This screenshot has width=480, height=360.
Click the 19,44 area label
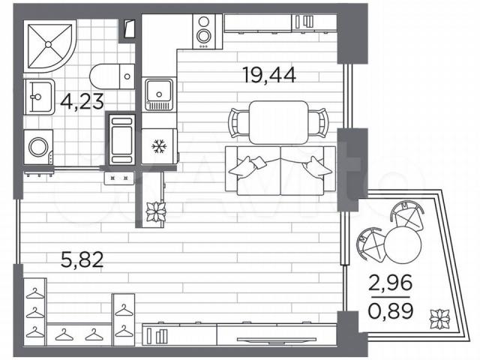click(268, 76)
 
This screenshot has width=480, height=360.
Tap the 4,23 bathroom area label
click(82, 102)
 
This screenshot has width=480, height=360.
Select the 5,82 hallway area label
click(82, 260)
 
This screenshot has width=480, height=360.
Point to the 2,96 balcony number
click(390, 283)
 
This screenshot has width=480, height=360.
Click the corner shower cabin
click(49, 45)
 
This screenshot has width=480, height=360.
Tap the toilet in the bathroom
click(112, 76)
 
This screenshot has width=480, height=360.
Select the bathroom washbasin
click(39, 97)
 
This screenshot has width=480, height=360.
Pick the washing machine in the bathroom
click(38, 148)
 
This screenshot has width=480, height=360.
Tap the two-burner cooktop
click(203, 31)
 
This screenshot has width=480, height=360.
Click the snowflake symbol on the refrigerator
click(159, 147)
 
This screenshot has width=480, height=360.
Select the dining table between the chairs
click(278, 122)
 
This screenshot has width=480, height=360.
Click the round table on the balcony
click(403, 244)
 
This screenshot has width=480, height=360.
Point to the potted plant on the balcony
click(439, 319)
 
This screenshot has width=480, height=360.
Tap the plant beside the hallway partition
click(155, 211)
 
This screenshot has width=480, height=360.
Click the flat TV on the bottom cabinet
click(277, 339)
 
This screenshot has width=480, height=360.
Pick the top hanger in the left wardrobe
click(35, 293)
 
